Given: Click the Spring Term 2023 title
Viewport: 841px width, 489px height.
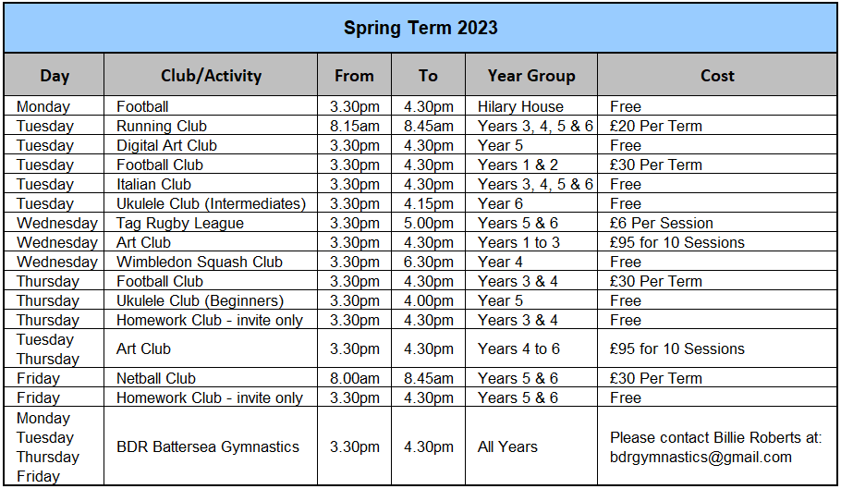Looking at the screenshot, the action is [x=420, y=28].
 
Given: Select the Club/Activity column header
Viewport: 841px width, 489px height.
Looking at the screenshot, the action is [x=211, y=76].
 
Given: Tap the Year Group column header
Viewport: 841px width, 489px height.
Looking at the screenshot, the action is [x=531, y=76].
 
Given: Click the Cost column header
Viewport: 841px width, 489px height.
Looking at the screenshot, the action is [x=717, y=76].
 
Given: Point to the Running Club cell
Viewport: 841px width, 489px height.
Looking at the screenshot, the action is [x=162, y=126].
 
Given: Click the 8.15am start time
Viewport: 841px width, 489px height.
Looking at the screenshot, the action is [x=355, y=126].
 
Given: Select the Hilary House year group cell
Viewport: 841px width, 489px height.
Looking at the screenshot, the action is [x=520, y=106].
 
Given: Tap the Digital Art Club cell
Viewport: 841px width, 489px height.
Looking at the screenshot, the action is [x=166, y=145].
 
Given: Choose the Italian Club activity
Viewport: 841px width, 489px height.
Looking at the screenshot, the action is [x=153, y=185].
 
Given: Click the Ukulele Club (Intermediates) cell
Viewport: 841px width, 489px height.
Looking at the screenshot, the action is [x=211, y=203].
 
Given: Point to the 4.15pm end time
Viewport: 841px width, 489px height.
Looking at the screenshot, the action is [x=429, y=203].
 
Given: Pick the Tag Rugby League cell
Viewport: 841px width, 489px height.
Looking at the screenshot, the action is [x=179, y=223].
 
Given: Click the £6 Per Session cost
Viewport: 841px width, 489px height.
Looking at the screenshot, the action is [x=662, y=223].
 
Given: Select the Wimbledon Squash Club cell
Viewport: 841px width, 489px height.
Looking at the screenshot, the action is [x=199, y=262].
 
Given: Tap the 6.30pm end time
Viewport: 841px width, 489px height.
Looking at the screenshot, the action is [x=429, y=262].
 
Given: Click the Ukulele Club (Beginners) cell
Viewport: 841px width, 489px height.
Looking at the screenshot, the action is [x=200, y=300].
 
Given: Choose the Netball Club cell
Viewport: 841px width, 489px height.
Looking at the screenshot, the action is [x=155, y=379].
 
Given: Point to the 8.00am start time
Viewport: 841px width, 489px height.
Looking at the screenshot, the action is [x=355, y=379].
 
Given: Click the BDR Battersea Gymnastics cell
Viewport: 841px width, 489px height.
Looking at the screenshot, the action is [x=208, y=446].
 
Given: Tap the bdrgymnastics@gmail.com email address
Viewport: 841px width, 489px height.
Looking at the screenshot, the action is [x=701, y=458].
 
